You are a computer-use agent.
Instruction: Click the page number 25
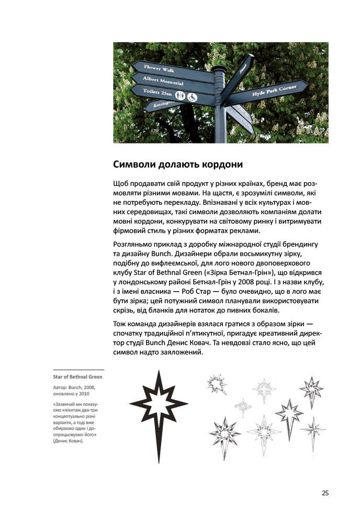(325, 493)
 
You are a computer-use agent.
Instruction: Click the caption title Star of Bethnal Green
(77, 376)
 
